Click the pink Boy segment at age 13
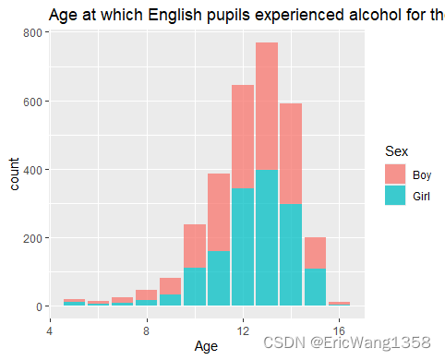[x=267, y=105]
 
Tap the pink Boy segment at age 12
[x=243, y=137]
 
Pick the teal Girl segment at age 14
[x=291, y=256]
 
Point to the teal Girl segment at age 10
[x=195, y=287]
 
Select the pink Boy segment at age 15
[x=315, y=253]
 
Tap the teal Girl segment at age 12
[x=243, y=247]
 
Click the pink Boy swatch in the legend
[x=395, y=174]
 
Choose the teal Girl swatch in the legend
[x=395, y=196]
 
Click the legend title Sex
[x=397, y=151]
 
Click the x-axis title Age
[x=207, y=345]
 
